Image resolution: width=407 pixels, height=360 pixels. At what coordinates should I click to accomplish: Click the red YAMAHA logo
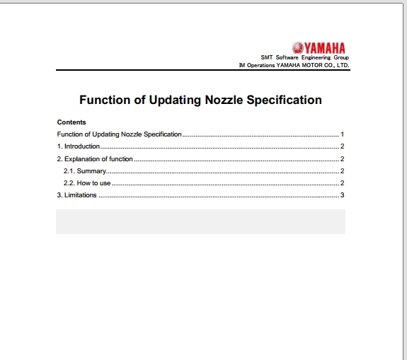point(319,48)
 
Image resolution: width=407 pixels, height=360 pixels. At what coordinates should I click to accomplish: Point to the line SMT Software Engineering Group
point(305,57)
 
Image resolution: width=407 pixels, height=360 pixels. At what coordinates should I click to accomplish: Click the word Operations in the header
point(260,65)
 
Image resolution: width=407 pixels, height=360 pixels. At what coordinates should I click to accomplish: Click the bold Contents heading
point(71,122)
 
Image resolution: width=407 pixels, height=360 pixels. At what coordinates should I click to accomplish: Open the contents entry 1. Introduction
point(79,146)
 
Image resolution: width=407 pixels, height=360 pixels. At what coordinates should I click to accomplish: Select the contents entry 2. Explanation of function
point(95,159)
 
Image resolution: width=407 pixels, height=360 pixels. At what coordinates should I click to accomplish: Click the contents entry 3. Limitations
point(77,195)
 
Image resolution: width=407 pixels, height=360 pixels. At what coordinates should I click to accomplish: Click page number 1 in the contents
point(342,134)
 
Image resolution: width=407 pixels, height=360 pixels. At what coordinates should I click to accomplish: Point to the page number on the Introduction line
point(342,146)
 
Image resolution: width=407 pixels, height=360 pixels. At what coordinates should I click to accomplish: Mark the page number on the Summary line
point(342,171)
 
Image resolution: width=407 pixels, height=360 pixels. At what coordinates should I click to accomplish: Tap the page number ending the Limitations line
point(342,195)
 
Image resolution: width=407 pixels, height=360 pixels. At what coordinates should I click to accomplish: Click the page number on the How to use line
point(342,183)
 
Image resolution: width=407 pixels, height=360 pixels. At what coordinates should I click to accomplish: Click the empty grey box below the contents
point(200,221)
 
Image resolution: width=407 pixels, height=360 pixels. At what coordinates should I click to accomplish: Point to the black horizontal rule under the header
point(202,70)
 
